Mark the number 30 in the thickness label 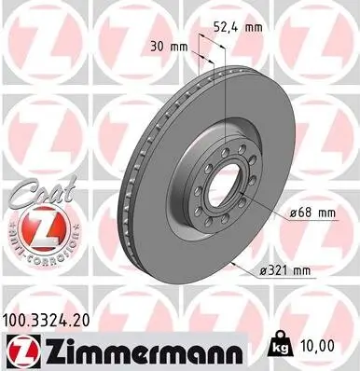[157, 46]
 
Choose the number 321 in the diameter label [280, 271]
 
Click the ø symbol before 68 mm [293, 213]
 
